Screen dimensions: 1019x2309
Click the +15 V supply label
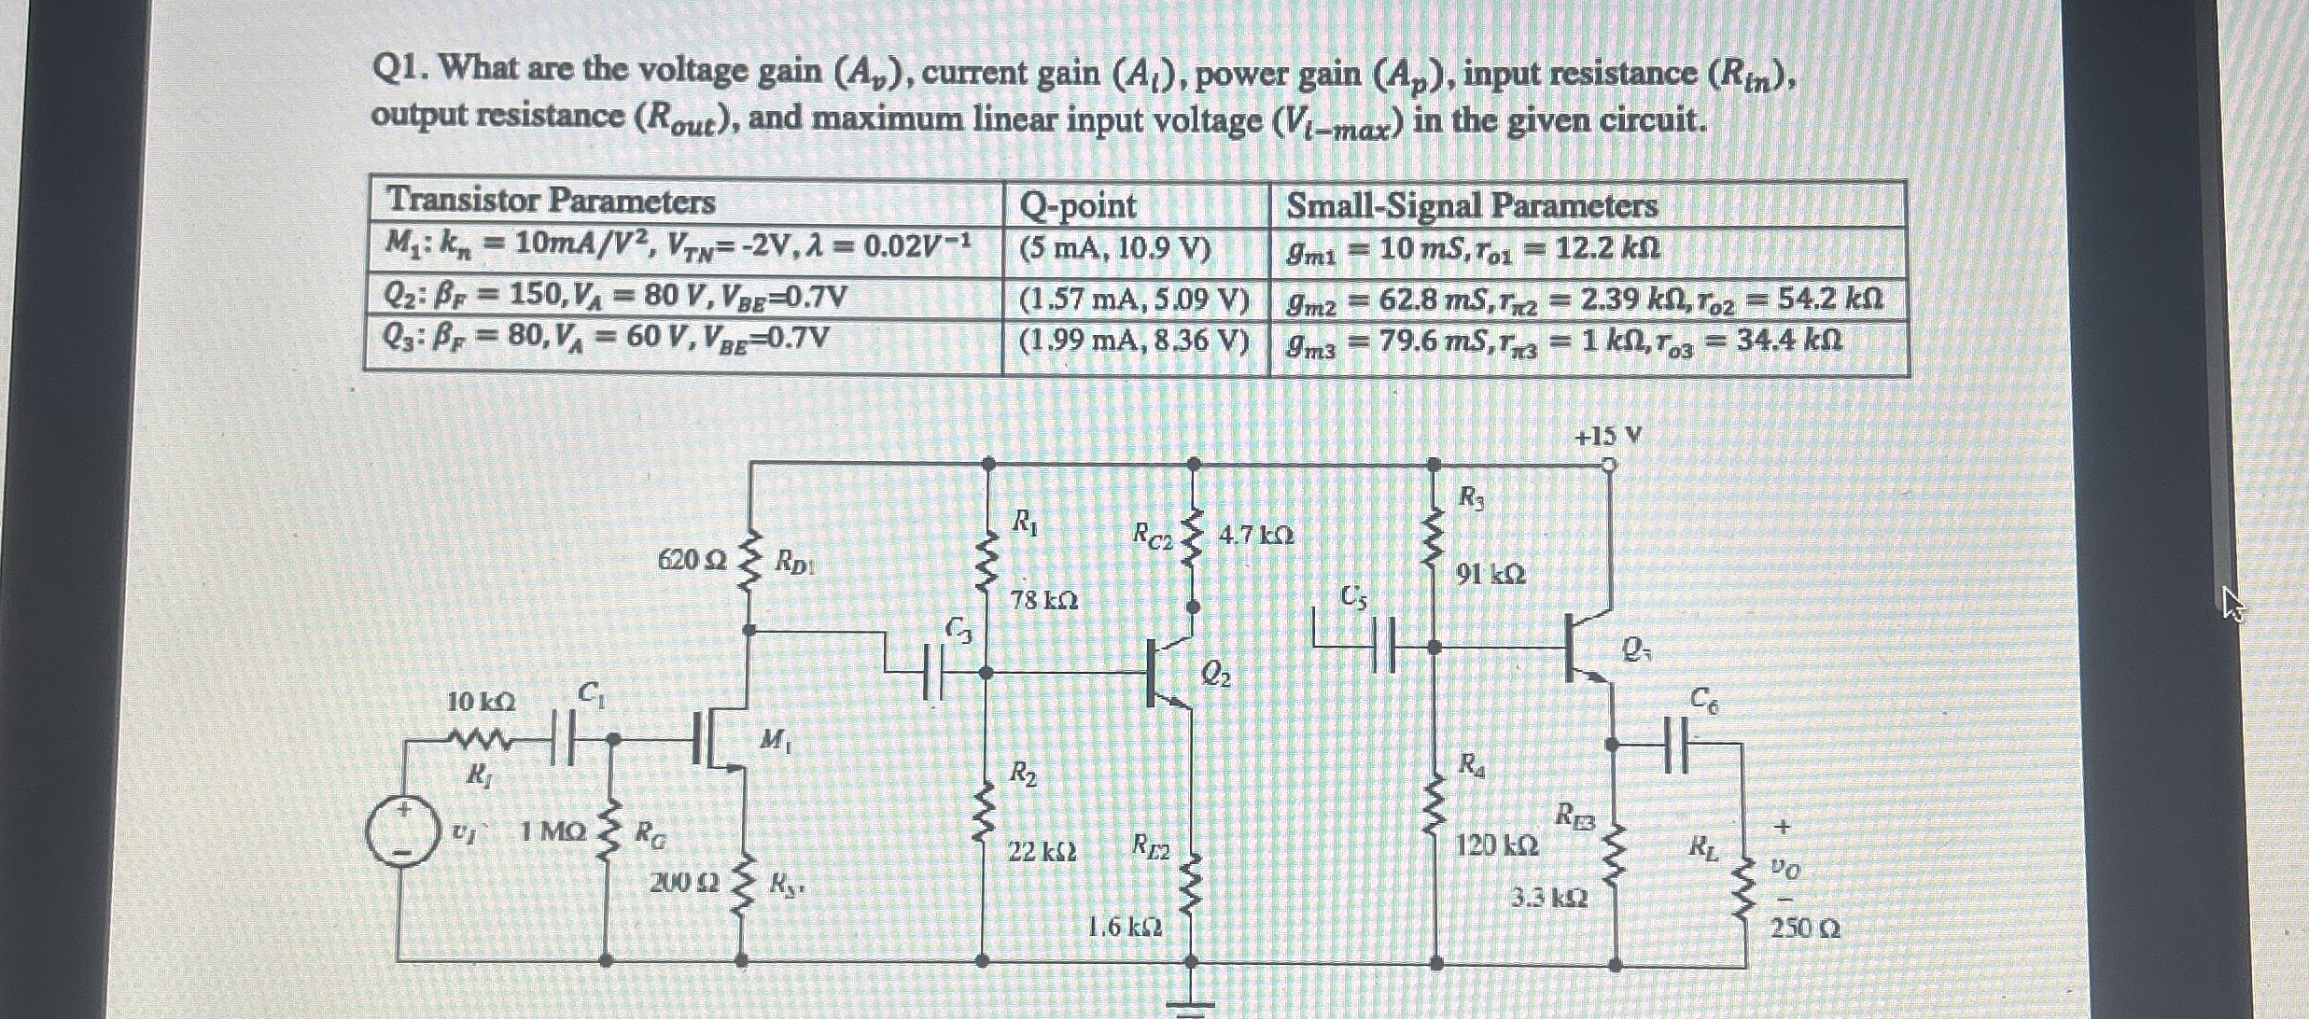point(1607,436)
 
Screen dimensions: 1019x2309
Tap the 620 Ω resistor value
point(692,560)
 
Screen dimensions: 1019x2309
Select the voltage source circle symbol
point(401,833)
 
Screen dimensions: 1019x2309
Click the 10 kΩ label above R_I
point(481,702)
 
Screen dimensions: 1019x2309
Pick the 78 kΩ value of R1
point(1044,600)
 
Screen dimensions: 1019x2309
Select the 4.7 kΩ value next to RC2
point(1256,536)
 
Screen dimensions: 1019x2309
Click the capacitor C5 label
point(1354,596)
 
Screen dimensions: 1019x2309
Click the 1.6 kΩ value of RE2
point(1126,928)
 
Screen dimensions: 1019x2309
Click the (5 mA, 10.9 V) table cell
point(1115,250)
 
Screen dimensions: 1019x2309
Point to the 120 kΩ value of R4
point(1497,845)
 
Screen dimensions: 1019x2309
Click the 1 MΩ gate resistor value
point(553,831)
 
